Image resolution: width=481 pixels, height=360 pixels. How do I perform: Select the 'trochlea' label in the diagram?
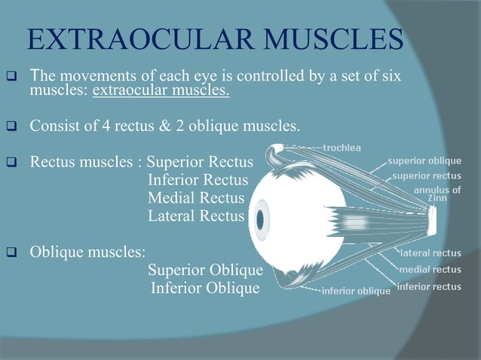click(x=342, y=146)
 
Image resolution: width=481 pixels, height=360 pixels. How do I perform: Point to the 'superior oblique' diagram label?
click(x=425, y=161)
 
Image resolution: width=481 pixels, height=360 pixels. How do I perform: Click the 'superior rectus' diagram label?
click(x=427, y=175)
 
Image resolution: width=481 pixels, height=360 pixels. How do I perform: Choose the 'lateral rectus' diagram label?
click(x=430, y=254)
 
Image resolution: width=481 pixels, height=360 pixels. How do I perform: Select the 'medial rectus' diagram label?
click(x=430, y=269)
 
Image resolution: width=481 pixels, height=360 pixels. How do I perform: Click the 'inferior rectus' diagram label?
click(x=429, y=286)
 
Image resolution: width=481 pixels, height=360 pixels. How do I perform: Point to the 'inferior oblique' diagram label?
click(x=356, y=291)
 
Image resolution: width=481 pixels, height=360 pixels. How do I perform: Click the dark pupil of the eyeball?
click(x=262, y=221)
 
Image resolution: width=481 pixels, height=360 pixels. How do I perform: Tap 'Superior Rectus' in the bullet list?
click(x=200, y=162)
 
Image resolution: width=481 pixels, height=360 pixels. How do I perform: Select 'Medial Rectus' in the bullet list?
click(x=196, y=198)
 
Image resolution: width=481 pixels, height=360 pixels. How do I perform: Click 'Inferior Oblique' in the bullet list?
click(x=205, y=288)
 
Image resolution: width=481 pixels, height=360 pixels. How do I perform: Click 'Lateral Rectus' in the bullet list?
click(x=196, y=216)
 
